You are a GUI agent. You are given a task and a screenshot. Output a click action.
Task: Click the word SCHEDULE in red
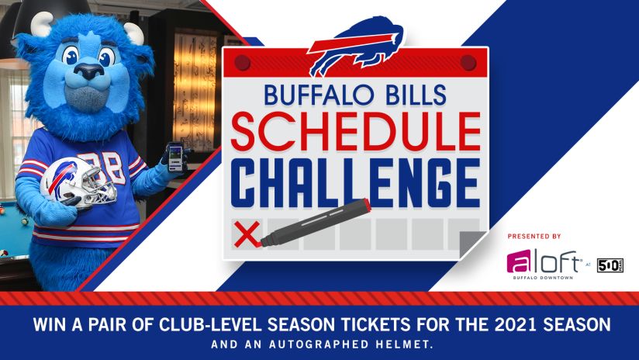(x=355, y=131)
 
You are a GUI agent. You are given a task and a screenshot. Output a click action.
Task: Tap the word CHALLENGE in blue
(x=355, y=183)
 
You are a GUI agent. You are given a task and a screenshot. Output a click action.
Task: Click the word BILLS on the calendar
(x=415, y=95)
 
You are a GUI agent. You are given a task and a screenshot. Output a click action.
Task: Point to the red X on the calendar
(x=246, y=234)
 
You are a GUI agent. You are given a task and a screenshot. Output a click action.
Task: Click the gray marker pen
(x=316, y=223)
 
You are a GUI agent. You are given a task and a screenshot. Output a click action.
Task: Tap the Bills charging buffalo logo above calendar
(x=356, y=46)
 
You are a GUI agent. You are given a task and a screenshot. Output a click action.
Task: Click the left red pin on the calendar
(x=243, y=62)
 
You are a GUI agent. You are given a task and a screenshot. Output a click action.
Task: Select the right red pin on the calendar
(x=468, y=62)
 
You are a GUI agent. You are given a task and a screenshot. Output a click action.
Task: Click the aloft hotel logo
(x=544, y=262)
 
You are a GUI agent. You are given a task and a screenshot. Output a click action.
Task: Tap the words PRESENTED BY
(x=534, y=236)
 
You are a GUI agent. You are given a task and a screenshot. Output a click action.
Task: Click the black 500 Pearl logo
(x=610, y=265)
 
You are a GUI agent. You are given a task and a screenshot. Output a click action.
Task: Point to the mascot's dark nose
(x=89, y=71)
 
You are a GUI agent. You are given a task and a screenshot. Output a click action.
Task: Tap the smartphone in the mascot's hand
(x=175, y=157)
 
